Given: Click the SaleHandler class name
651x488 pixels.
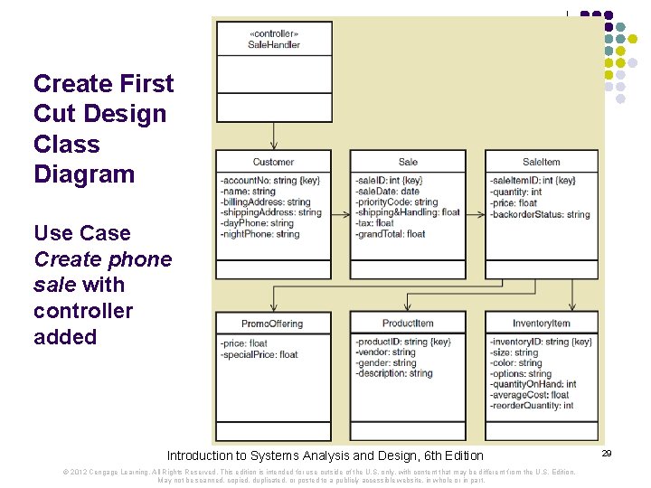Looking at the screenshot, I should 273,44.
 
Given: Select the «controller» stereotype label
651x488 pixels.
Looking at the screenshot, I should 273,33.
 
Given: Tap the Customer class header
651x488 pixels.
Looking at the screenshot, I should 273,162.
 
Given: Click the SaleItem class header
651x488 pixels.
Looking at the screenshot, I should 541,162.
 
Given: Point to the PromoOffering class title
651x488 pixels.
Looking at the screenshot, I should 272,324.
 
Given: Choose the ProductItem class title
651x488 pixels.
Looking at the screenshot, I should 408,324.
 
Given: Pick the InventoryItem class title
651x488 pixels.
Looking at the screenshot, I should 541,324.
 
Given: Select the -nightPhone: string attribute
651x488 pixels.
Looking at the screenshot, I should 259,234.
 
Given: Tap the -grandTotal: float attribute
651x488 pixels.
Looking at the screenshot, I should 390,234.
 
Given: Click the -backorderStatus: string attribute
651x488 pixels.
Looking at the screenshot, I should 540,214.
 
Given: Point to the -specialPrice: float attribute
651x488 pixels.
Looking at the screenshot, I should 259,354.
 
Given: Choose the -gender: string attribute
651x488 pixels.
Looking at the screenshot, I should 386,363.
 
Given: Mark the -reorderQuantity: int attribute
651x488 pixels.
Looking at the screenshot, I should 532,406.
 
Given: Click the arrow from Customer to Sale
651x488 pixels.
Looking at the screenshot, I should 340,214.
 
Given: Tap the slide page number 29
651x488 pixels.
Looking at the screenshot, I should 607,452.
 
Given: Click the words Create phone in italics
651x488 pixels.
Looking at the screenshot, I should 102,259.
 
